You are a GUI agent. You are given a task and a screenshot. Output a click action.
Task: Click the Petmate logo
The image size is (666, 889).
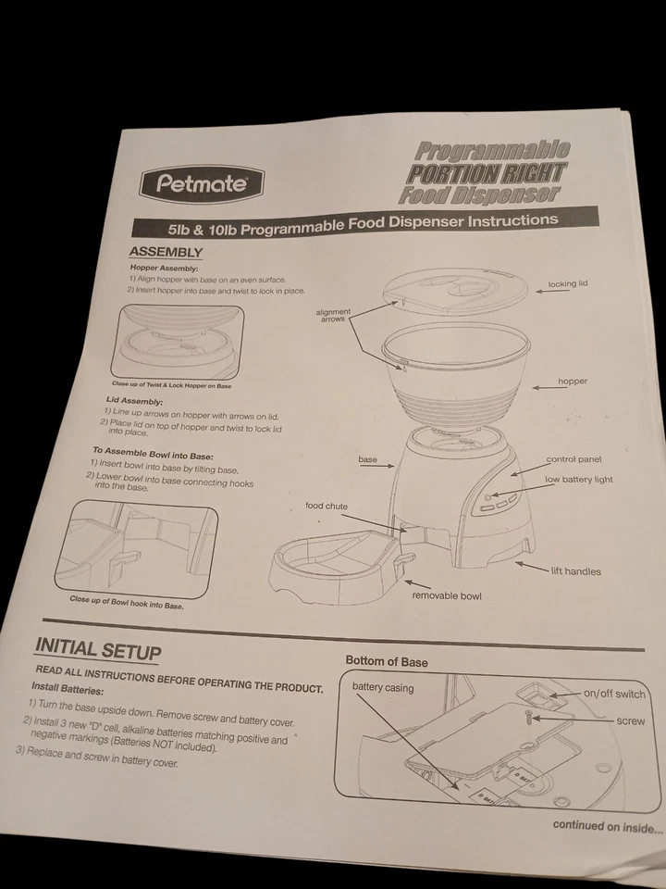(202, 183)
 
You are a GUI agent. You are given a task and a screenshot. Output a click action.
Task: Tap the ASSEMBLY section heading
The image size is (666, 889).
(166, 252)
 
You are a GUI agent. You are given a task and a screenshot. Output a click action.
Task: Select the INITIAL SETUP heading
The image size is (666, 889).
(97, 649)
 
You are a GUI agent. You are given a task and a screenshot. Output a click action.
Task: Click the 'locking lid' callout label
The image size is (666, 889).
(567, 284)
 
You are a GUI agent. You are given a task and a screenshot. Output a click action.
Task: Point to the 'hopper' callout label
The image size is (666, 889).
(572, 382)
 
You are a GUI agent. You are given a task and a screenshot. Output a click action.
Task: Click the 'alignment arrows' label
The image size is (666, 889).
(333, 316)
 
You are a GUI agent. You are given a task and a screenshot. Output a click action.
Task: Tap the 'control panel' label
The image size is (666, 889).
(573, 459)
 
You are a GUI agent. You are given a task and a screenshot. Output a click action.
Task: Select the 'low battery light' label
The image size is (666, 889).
(579, 480)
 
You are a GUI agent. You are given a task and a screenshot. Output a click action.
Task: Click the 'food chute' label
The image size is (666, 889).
(327, 507)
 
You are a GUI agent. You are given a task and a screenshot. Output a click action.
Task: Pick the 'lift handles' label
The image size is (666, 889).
(575, 571)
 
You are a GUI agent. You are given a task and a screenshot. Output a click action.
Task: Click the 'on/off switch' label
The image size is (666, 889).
(614, 694)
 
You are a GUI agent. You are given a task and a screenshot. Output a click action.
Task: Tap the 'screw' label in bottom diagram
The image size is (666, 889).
(630, 720)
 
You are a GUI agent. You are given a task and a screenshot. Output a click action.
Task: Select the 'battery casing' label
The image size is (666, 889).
(383, 688)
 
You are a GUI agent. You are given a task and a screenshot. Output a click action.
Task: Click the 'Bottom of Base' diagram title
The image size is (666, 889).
(387, 661)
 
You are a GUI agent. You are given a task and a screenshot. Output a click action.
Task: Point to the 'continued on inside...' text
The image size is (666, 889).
(608, 827)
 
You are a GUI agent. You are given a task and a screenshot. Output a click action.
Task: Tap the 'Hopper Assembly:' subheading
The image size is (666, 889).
(165, 269)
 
